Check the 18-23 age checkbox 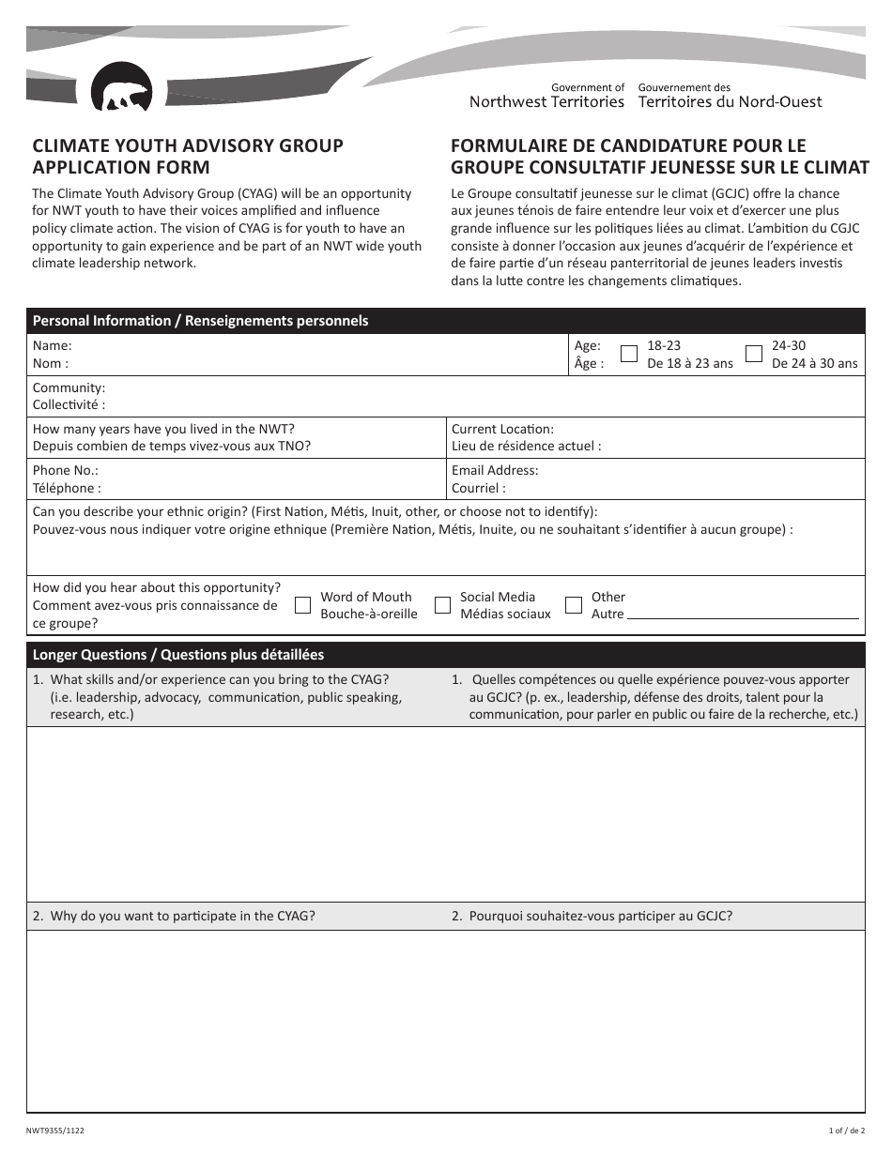click(x=629, y=354)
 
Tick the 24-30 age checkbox click(x=753, y=354)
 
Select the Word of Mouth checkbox click(x=302, y=605)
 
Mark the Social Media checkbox click(x=442, y=605)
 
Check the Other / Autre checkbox click(x=573, y=605)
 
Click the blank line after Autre click(x=742, y=615)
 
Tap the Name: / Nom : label click(x=52, y=354)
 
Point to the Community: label click(x=69, y=387)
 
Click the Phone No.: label click(x=65, y=470)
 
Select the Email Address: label click(x=495, y=470)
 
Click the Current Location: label click(x=502, y=429)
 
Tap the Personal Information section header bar click(x=445, y=321)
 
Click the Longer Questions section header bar click(x=445, y=654)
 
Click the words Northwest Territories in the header click(x=546, y=102)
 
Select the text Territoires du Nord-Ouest click(x=730, y=102)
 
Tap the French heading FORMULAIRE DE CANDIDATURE click(x=628, y=146)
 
